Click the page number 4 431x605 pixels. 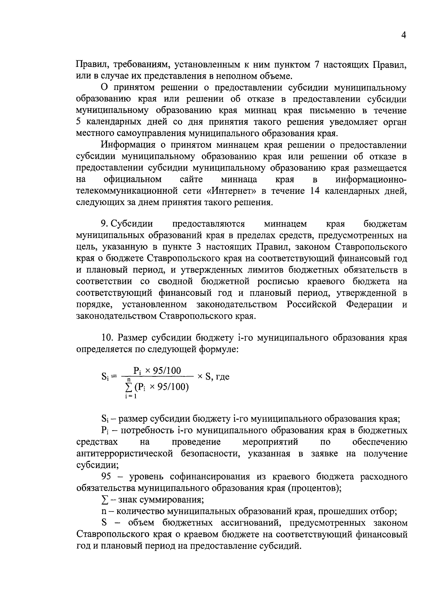point(404,36)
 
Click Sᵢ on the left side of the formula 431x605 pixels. point(105,377)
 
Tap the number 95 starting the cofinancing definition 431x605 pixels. point(107,477)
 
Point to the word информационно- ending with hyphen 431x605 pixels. point(371,179)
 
